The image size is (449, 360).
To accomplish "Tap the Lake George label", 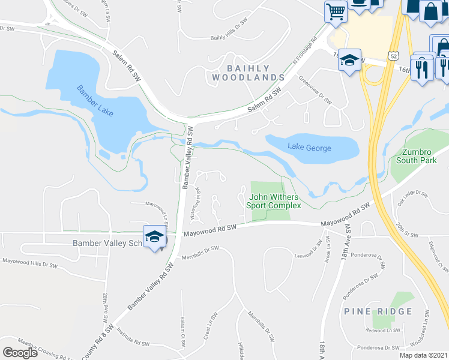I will pos(309,147).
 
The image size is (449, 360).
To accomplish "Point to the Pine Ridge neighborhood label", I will pos(378,311).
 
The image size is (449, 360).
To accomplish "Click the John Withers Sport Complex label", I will pos(275,201).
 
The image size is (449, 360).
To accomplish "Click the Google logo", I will pos(20,352).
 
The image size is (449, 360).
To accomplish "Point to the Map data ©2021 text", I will pos(423,355).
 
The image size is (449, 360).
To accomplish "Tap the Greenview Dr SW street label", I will pos(315,90).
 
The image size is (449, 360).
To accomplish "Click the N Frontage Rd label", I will pos(305,53).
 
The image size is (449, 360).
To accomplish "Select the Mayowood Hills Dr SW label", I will pos(29,262).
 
